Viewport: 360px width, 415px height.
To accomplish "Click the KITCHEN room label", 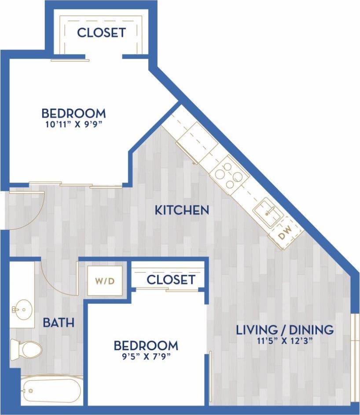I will pos(182,210).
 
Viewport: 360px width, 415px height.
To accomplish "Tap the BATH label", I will pos(58,323).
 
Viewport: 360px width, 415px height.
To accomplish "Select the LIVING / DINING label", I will pos(285,330).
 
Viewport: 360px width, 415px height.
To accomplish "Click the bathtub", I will pos(52,390).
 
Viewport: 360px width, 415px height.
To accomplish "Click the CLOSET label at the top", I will pos(101,33).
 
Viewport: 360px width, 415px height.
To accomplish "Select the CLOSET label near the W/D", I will pos(170,279).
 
